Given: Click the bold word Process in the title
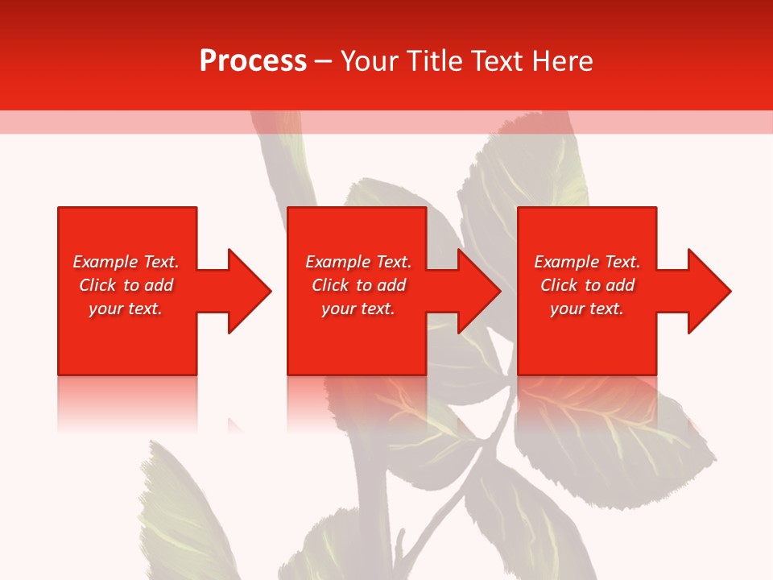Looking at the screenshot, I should pos(253,61).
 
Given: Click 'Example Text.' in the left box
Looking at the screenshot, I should pos(126,262).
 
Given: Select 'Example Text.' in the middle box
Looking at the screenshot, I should pos(358,262).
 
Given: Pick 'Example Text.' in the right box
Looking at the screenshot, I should pos(587,262).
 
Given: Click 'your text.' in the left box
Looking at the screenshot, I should pos(126,309).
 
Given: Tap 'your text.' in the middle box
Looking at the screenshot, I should pos(358,309).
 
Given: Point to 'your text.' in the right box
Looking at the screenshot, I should pos(587,309).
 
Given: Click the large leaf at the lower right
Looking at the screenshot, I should pos(636,451).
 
